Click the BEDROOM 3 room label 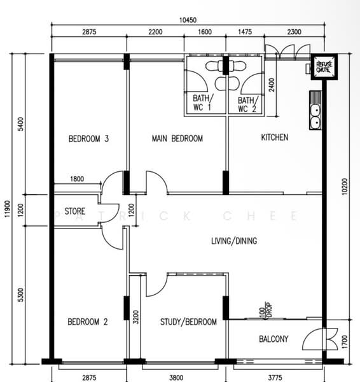[x=88, y=139]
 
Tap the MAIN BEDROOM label [x=177, y=138]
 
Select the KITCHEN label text [x=275, y=138]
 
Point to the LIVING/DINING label [x=234, y=241]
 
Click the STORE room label [x=75, y=211]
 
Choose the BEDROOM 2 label [x=88, y=322]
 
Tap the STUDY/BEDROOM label [x=188, y=322]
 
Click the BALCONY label [x=273, y=339]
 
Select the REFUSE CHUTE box [x=324, y=67]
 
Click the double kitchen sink [x=315, y=110]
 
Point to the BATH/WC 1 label [x=203, y=103]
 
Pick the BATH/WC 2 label [x=248, y=104]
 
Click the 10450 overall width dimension [x=188, y=20]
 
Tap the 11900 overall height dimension [x=8, y=209]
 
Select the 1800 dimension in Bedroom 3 [x=77, y=179]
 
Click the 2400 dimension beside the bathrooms [x=272, y=85]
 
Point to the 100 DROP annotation [x=265, y=310]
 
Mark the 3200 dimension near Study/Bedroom [x=136, y=317]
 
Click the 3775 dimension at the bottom [x=275, y=378]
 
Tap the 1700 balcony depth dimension [x=345, y=341]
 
